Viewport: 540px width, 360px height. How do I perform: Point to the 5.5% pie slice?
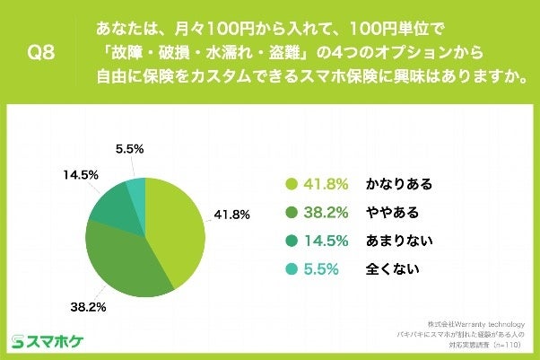pos(135,188)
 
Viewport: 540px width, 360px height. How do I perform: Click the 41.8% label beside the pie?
pos(231,215)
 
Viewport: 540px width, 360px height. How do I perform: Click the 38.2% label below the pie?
pos(89,306)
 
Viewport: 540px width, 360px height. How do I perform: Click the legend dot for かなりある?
pos(290,184)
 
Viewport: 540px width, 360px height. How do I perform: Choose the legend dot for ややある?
pos(290,212)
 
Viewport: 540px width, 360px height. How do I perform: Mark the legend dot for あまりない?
pos(290,240)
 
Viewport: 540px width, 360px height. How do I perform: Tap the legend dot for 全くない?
pos(290,268)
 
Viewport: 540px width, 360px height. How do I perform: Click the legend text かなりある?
pos(398,184)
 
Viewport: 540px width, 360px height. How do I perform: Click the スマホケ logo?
pos(48,341)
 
